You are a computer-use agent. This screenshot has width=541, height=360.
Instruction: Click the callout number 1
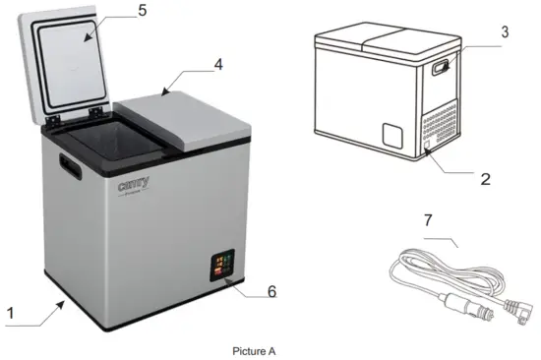click(10, 313)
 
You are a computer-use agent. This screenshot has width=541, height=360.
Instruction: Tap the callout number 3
click(505, 32)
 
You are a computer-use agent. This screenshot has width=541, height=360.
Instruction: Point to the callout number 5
click(142, 12)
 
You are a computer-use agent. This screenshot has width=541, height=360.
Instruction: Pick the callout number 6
click(271, 291)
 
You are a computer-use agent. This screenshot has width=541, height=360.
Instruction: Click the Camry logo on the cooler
click(134, 184)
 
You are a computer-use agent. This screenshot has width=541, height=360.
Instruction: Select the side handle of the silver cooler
click(69, 166)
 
